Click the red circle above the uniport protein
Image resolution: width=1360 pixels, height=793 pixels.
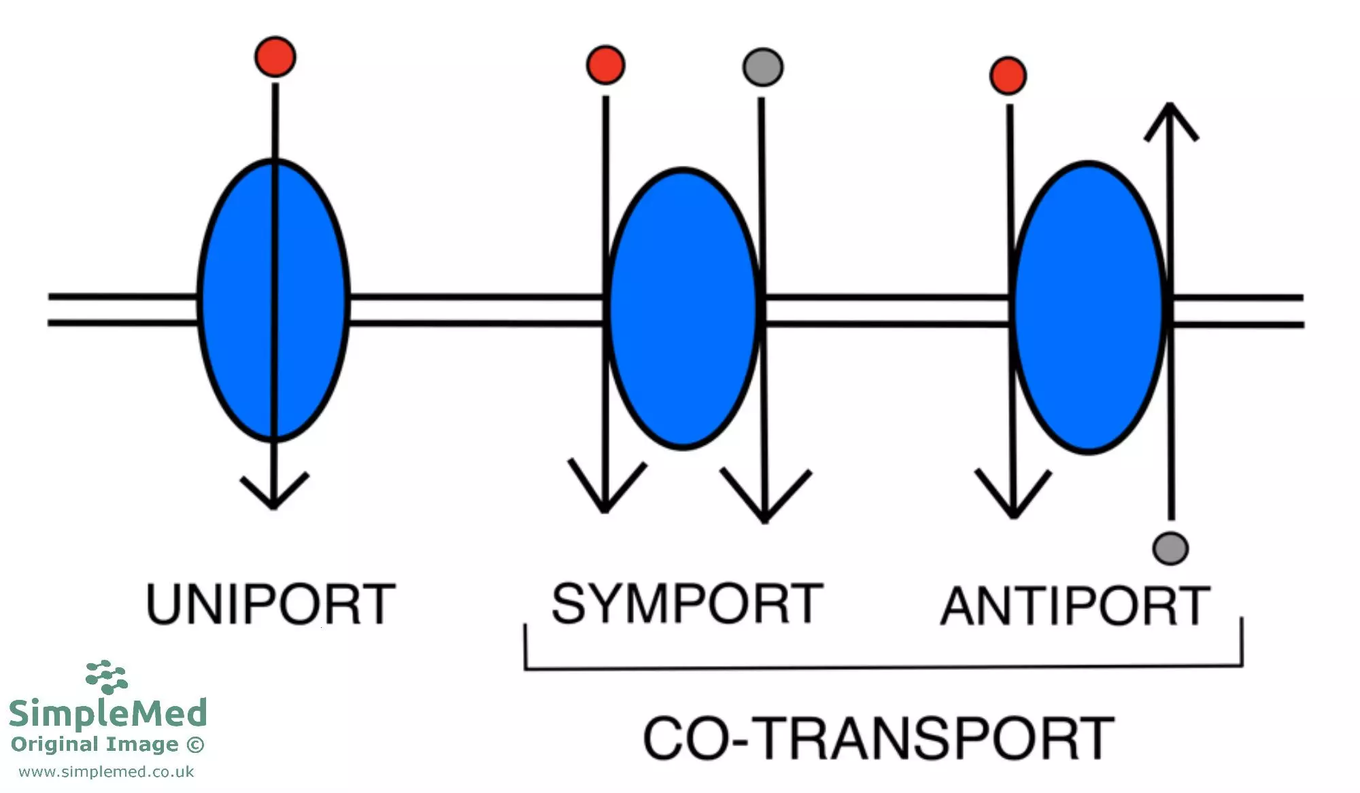coord(275,57)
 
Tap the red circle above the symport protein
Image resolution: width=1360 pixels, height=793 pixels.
coord(605,65)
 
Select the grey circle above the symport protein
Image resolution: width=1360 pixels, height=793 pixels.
coord(763,67)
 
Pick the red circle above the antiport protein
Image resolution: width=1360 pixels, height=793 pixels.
coord(1008,75)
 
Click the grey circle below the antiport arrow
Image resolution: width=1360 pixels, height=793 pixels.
coord(1170,548)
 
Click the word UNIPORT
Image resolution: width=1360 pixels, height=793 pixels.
coord(271,604)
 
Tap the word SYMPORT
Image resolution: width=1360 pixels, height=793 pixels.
coord(687,603)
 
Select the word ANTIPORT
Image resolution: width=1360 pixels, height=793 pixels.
coord(1075,606)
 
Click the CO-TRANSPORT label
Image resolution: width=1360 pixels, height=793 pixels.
coord(878,739)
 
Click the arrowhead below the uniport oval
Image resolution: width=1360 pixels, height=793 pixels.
coord(273,492)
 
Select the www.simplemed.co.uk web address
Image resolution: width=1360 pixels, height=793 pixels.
coord(106,772)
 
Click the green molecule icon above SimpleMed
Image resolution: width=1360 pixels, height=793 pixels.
coord(107,676)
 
